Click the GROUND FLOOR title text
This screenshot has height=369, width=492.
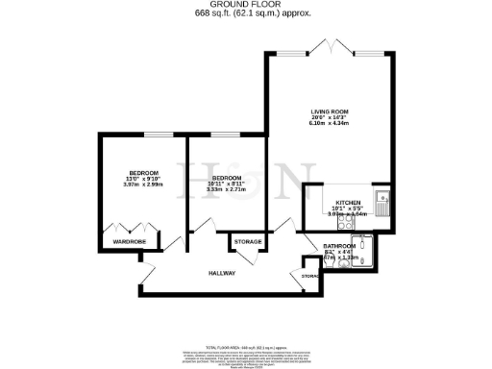[245, 5]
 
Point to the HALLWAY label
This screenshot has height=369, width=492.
[222, 274]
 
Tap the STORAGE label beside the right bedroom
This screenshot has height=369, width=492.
[247, 240]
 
